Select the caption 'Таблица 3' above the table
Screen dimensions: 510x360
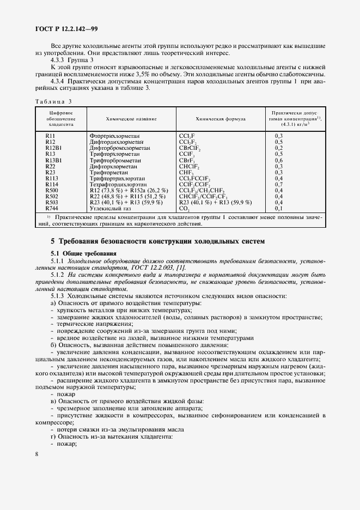(53, 101)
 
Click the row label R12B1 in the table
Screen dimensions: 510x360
(54, 148)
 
